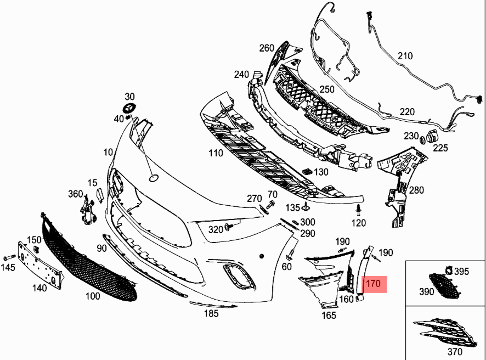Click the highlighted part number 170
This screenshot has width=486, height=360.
coord(373,284)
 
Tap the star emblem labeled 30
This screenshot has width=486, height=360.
coord(130,108)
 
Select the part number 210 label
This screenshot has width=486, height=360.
coord(404,55)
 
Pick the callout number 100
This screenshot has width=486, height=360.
coord(93,297)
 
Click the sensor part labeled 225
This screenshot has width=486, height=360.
coord(432,137)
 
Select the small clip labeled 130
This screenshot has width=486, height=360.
coord(307,172)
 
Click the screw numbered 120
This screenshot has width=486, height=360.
coord(358,211)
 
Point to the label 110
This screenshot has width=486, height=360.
coord(216,153)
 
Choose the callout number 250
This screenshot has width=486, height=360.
coord(327,89)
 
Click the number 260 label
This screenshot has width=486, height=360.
coord(267,48)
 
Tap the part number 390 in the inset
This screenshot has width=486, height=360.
coord(427,291)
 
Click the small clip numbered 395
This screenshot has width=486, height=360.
coord(448,269)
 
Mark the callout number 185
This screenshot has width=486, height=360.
coord(211,313)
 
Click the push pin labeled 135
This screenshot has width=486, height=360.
coord(305,207)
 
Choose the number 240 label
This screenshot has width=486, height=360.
coord(241,74)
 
